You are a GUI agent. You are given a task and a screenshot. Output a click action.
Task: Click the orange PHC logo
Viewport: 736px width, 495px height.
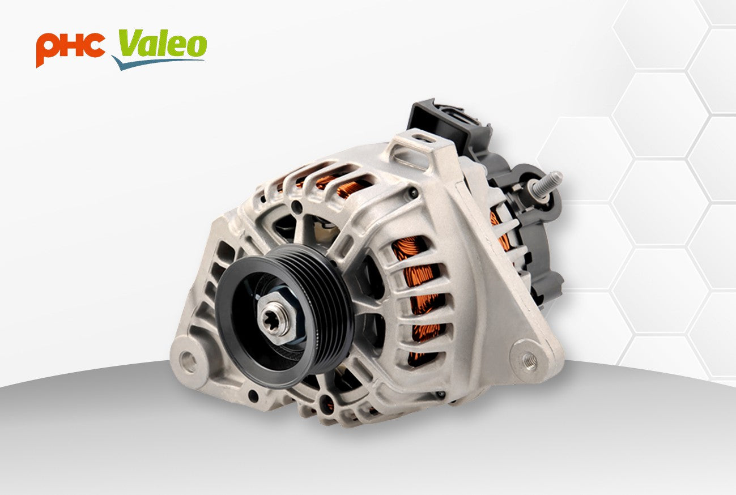tap(70, 47)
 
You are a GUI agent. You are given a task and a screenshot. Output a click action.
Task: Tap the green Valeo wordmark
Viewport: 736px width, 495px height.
tap(162, 44)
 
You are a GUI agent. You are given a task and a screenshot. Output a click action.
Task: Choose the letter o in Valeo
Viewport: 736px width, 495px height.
tap(194, 45)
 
